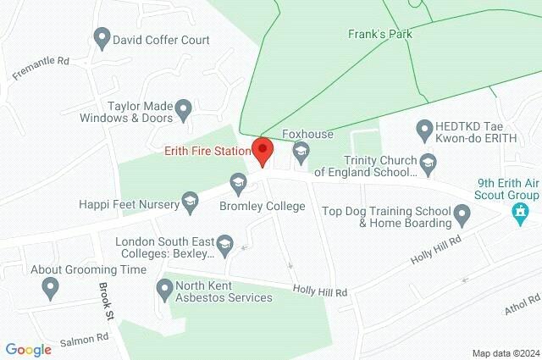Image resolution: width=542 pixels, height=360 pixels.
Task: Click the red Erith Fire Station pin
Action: (x=263, y=152)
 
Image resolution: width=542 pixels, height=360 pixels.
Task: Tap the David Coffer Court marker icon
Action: (x=102, y=39)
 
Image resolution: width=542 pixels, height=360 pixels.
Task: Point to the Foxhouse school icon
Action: (x=300, y=153)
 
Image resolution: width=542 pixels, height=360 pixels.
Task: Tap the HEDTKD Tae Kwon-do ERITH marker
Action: (x=424, y=130)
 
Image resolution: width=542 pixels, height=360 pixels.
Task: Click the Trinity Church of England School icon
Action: (x=429, y=161)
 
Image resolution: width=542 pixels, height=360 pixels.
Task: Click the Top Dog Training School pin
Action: (x=462, y=217)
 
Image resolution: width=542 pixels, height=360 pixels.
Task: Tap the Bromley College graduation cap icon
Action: (x=238, y=182)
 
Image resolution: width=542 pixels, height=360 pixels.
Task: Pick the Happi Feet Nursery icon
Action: (x=190, y=202)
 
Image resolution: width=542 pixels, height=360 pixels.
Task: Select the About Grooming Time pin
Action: (x=51, y=288)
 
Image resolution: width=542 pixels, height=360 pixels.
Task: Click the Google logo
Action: (x=28, y=349)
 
